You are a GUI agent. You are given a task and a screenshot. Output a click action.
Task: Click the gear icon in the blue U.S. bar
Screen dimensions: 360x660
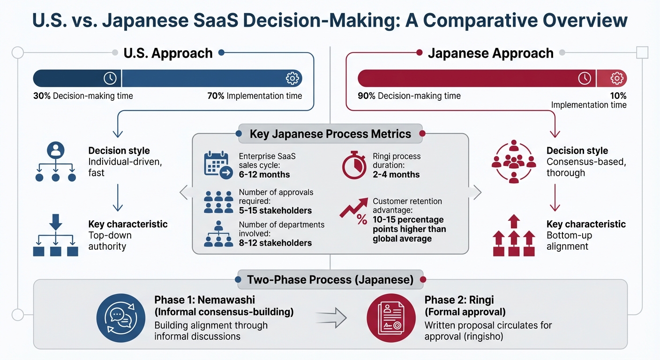click(x=292, y=78)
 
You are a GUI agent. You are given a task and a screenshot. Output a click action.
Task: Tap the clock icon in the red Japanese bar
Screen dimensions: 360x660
click(x=585, y=78)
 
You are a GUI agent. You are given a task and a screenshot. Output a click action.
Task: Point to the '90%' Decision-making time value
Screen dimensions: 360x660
click(x=367, y=96)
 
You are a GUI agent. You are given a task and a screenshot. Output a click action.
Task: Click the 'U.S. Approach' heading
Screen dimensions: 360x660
click(x=168, y=53)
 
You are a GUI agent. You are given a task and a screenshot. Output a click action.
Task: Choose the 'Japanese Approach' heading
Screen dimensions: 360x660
click(x=490, y=53)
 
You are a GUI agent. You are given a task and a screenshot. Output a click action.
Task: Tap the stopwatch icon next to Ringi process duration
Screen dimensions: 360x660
click(x=354, y=165)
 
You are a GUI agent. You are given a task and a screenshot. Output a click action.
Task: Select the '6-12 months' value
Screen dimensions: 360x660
click(x=264, y=174)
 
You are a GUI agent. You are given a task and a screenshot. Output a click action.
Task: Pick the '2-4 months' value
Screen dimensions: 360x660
click(x=396, y=174)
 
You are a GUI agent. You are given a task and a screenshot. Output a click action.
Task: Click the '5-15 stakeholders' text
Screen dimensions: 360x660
click(x=275, y=210)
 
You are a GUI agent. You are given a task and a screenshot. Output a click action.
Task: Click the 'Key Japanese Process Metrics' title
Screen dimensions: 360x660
click(x=330, y=134)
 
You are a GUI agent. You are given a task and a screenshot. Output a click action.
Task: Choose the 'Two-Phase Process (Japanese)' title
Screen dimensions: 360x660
click(x=330, y=280)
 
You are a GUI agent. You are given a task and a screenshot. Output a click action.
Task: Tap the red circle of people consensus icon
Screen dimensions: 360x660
click(x=514, y=161)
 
